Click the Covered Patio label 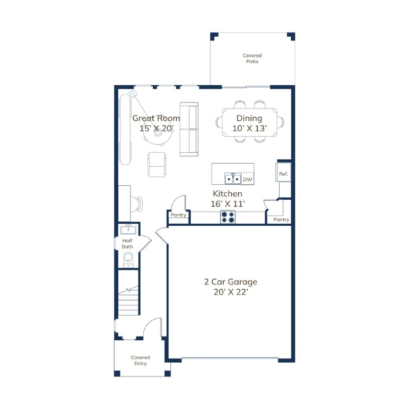tap(252, 59)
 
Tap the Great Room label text tap(156, 118)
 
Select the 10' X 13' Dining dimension tap(249, 128)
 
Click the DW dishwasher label tap(248, 179)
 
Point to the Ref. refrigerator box tap(283, 172)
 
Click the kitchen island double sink tap(233, 179)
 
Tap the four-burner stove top tap(228, 217)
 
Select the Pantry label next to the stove tap(178, 215)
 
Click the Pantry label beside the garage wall tap(281, 219)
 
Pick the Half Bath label tap(127, 243)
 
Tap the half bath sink tap(128, 230)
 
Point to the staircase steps tap(128, 300)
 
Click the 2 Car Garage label tap(231, 282)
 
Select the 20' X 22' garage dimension tap(231, 292)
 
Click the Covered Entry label tap(141, 361)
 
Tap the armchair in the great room tap(157, 165)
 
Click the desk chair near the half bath tap(136, 204)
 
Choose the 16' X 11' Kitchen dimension tap(228, 204)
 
